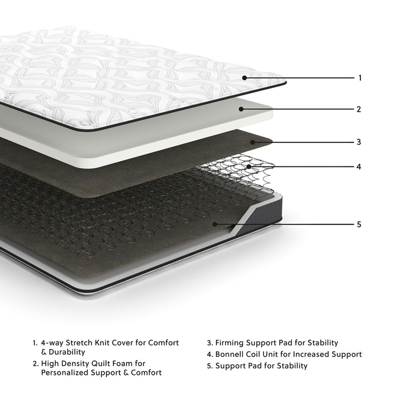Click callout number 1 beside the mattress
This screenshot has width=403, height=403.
click(x=360, y=78)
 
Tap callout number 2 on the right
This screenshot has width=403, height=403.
click(x=359, y=109)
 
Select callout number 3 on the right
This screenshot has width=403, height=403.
click(x=359, y=142)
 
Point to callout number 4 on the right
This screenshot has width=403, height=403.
click(x=359, y=167)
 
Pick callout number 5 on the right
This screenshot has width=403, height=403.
click(x=359, y=224)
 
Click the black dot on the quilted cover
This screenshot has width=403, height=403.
click(x=245, y=77)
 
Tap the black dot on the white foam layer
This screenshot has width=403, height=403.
click(x=242, y=108)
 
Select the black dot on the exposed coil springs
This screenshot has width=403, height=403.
click(x=249, y=167)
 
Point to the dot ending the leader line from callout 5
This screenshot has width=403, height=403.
click(x=215, y=223)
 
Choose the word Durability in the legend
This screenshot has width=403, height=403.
click(x=66, y=352)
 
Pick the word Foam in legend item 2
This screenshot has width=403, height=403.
click(x=135, y=363)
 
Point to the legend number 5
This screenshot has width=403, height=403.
click(x=209, y=366)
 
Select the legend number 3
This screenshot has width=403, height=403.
click(x=209, y=343)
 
